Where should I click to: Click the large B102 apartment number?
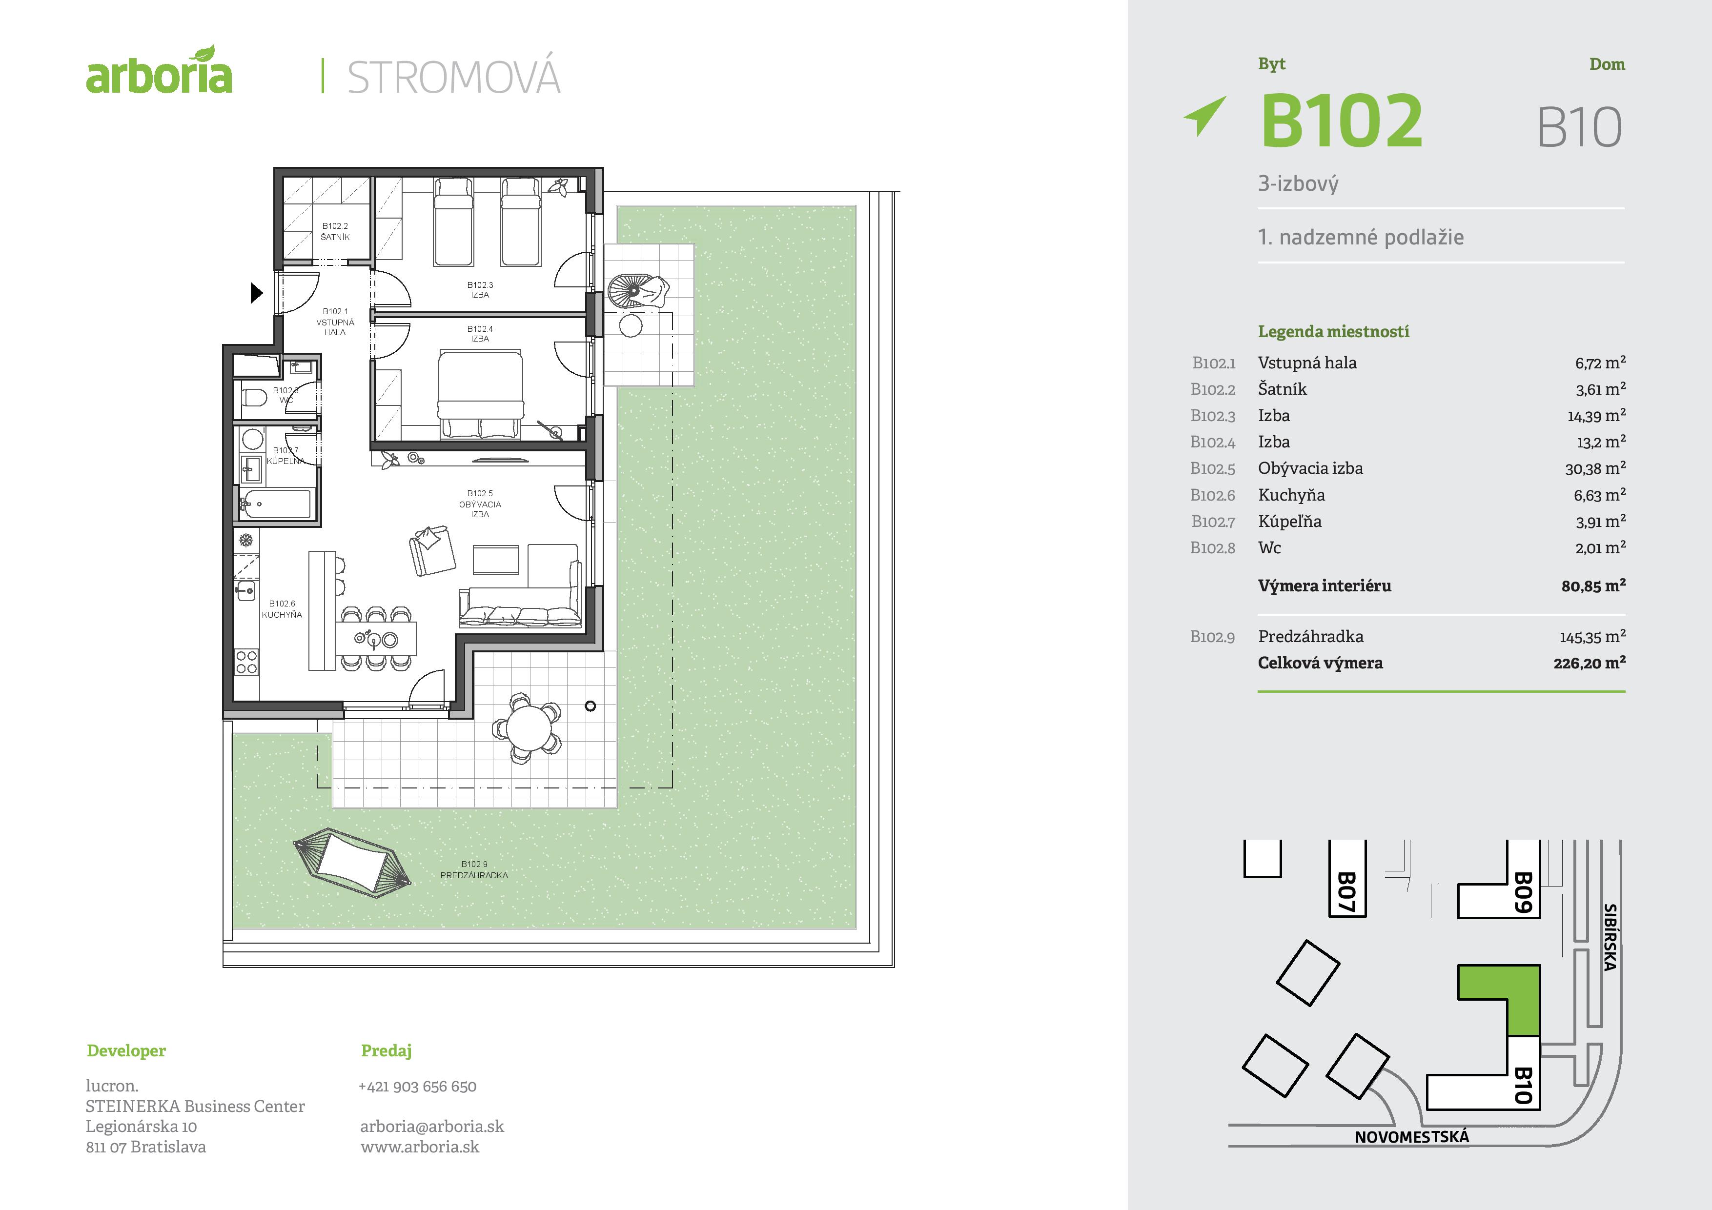click(x=1342, y=121)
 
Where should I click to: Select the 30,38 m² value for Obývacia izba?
click(x=1595, y=469)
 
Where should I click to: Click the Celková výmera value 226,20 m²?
click(x=1589, y=663)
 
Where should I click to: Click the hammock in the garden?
click(x=351, y=863)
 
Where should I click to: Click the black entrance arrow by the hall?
click(x=256, y=293)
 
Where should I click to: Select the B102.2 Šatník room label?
click(x=335, y=231)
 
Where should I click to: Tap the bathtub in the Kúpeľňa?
click(x=276, y=504)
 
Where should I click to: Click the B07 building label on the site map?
click(x=1346, y=892)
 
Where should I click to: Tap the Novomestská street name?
click(x=1411, y=1137)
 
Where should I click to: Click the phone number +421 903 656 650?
click(x=418, y=1086)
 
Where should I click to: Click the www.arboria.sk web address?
click(x=420, y=1147)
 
